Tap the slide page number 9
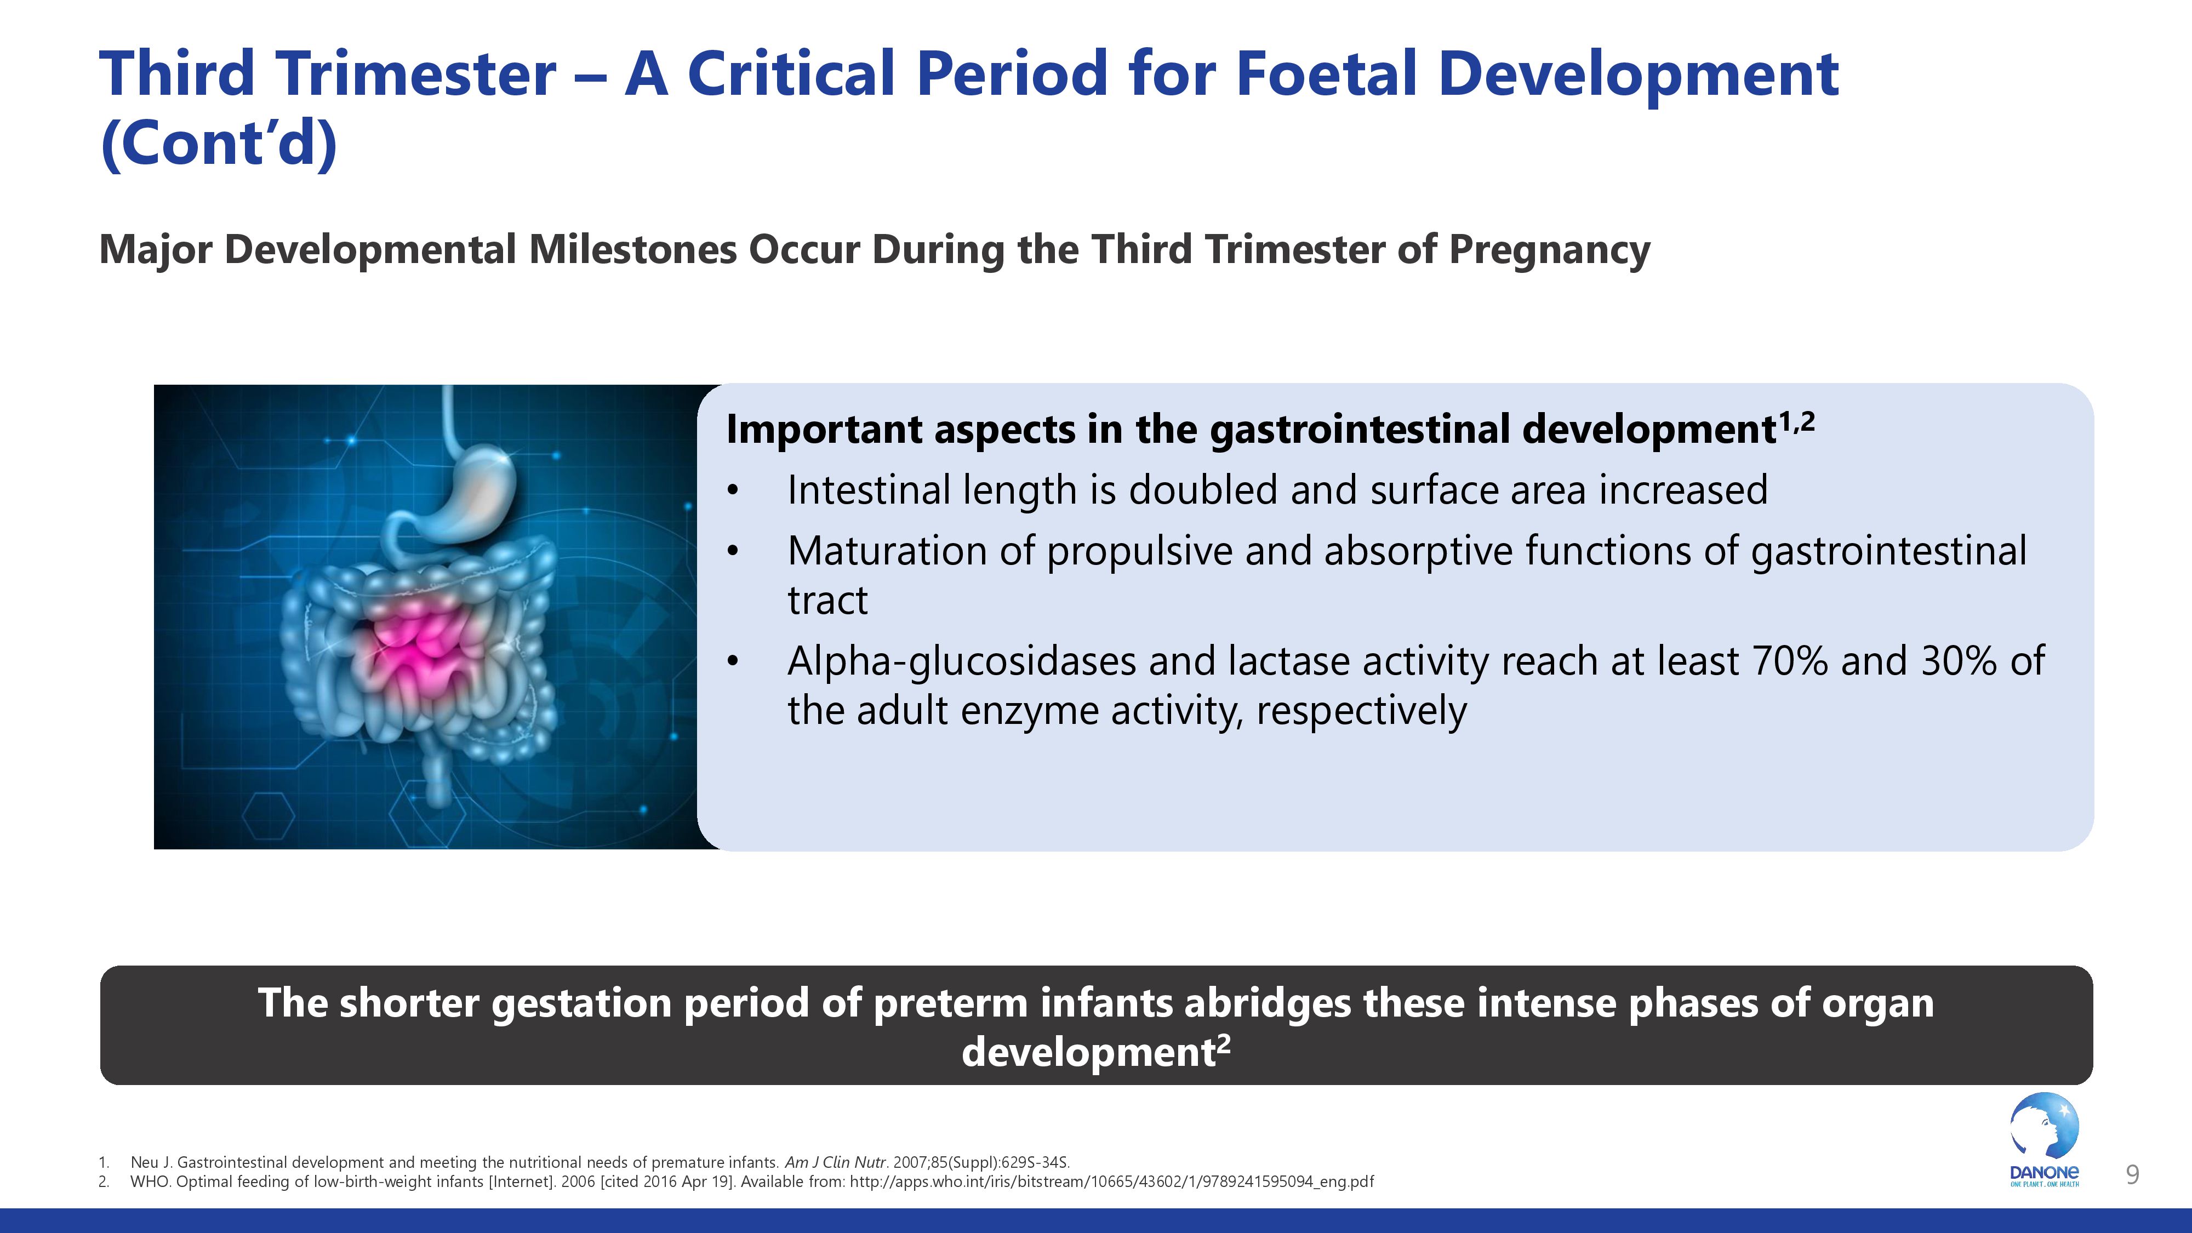point(2132,1175)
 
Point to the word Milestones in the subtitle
point(633,249)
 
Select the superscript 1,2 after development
point(1796,421)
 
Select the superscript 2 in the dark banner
point(1224,1043)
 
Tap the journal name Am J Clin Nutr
point(836,1162)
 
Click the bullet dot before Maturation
point(734,551)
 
